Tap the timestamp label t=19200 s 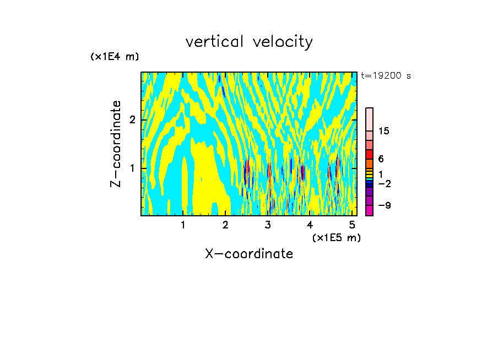tap(386, 76)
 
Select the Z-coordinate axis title tap(116, 144)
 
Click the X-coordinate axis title tap(249, 254)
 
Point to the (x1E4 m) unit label tap(115, 57)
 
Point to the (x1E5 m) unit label tap(336, 237)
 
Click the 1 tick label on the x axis tap(183, 225)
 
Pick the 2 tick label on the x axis tap(225, 225)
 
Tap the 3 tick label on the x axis tap(268, 225)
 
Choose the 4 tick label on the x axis tap(310, 225)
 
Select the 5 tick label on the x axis tap(353, 225)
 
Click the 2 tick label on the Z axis tap(132, 120)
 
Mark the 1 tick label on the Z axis tap(132, 168)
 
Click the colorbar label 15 tap(384, 131)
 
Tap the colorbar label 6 tap(381, 159)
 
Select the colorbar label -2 tap(384, 184)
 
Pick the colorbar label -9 tap(384, 205)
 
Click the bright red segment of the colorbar tap(369, 154)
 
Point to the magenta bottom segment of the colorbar tap(369, 210)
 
